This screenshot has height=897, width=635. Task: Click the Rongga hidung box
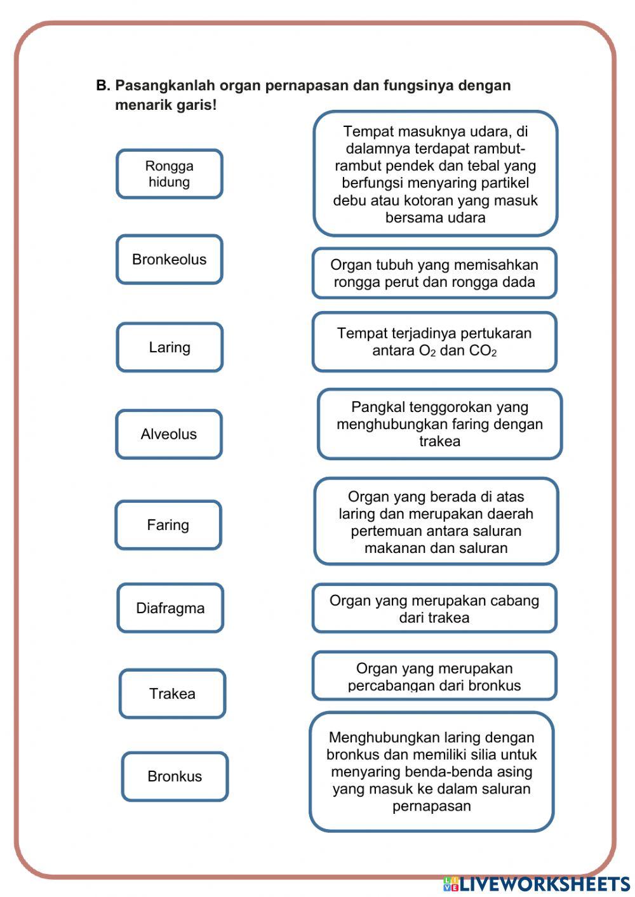click(x=169, y=174)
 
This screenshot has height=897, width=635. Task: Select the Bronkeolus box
click(x=169, y=260)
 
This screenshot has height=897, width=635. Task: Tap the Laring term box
click(x=170, y=347)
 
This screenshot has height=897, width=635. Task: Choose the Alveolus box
click(x=169, y=434)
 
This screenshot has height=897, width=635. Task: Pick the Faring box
click(x=168, y=525)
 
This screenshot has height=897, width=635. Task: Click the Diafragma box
click(x=170, y=608)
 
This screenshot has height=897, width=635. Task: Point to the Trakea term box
click(x=172, y=693)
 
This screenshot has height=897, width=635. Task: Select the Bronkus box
click(x=175, y=776)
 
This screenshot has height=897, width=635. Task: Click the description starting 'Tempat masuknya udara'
click(x=436, y=174)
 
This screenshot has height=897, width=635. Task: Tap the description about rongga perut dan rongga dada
click(x=434, y=274)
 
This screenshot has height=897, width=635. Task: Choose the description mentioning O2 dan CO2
click(x=434, y=342)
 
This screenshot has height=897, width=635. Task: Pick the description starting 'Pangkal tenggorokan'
click(x=439, y=424)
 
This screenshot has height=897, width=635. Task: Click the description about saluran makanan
click(x=436, y=522)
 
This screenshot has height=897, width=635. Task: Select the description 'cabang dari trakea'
click(x=434, y=609)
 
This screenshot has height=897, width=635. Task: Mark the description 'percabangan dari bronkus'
click(x=434, y=676)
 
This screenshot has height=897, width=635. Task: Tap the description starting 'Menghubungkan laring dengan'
click(x=432, y=771)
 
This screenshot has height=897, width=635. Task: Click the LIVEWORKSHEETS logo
click(x=537, y=884)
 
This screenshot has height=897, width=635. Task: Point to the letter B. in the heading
click(x=103, y=86)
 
